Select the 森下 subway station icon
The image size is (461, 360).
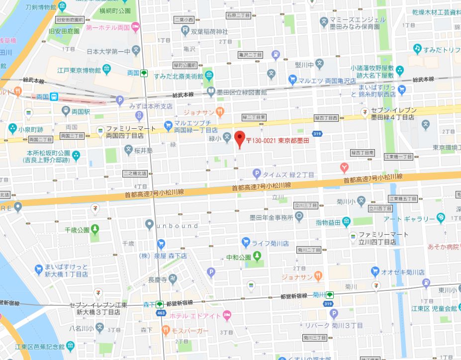pyautogui.click(x=160, y=304)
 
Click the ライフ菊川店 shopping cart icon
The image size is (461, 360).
pyautogui.click(x=246, y=243)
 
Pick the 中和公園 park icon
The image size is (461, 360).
pyautogui.click(x=257, y=257)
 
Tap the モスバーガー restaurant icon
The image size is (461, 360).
pyautogui.click(x=165, y=330)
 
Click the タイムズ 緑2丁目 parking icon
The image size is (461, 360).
pyautogui.click(x=257, y=174)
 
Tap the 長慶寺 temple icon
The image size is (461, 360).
pyautogui.click(x=173, y=280)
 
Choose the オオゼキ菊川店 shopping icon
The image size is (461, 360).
pyautogui.click(x=376, y=272)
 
